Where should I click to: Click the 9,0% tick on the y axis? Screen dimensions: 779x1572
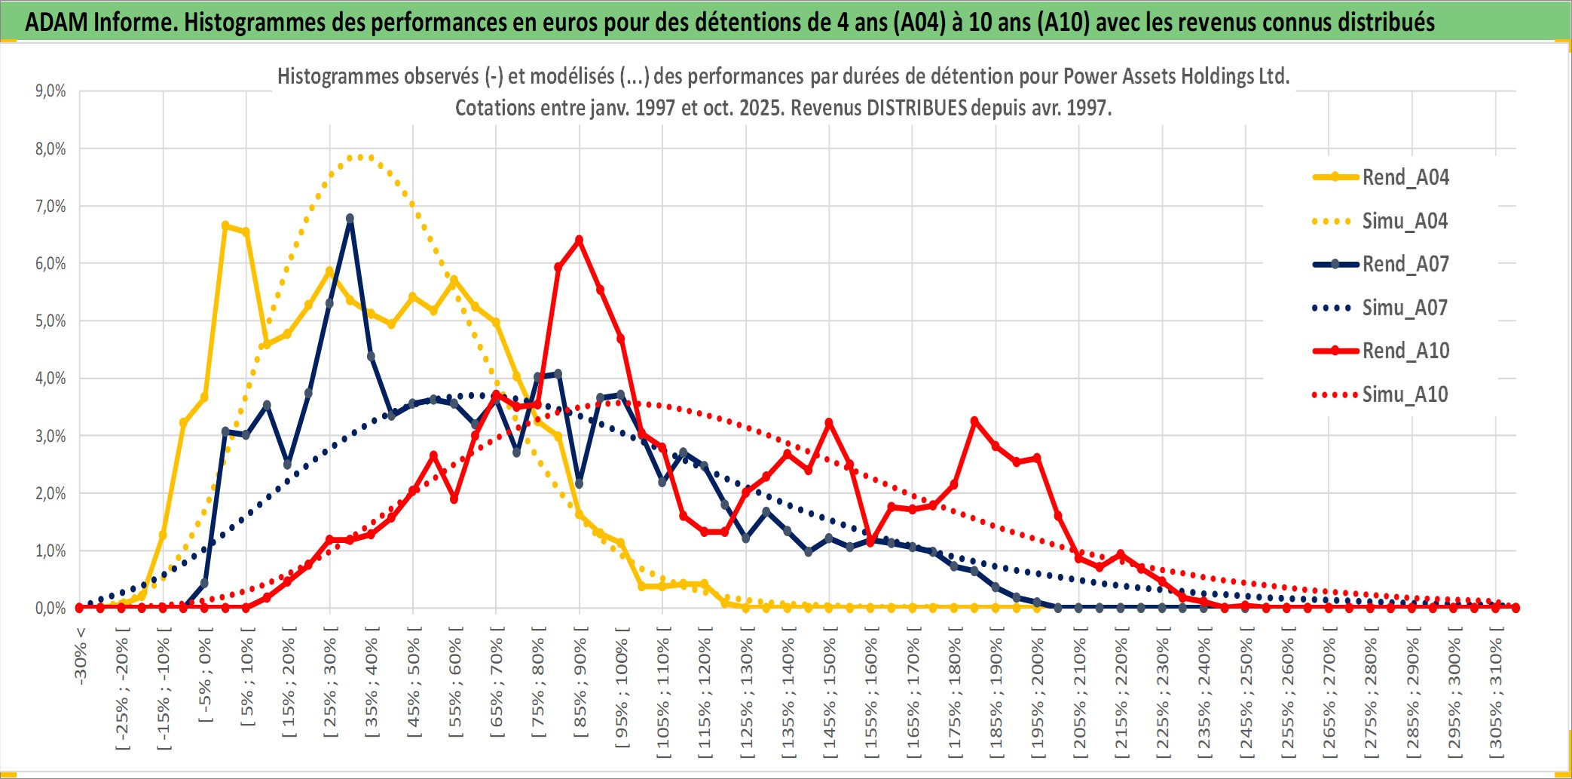(x=50, y=91)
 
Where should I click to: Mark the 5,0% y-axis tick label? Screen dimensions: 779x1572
(x=50, y=321)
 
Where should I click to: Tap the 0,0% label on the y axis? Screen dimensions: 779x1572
(x=50, y=608)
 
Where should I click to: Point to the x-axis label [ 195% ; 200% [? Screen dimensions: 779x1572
(x=1038, y=694)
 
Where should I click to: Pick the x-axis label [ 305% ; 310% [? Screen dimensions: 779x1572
(x=1496, y=694)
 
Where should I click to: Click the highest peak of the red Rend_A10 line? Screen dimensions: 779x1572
(x=579, y=241)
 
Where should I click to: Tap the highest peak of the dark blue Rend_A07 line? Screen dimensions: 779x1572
(x=350, y=219)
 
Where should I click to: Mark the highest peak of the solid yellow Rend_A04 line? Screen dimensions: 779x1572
(x=225, y=225)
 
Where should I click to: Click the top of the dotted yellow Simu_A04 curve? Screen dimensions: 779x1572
(x=361, y=157)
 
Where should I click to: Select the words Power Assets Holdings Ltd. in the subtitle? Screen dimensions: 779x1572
(x=1176, y=76)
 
